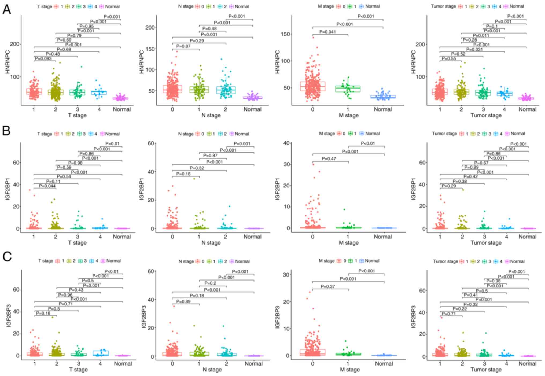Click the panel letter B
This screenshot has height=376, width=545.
pos(6,131)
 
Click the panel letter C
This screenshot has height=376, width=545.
pos(7,256)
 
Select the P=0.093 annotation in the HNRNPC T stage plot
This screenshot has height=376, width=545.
pos(43,58)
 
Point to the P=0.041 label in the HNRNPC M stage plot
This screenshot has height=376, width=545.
pos(327,32)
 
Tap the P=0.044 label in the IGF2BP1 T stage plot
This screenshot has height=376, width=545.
pos(47,186)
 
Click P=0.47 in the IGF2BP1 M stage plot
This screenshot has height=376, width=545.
pos(329,159)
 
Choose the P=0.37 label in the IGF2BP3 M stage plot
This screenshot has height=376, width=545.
pos(328,287)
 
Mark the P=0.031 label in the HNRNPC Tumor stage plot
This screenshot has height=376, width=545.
pos(474,49)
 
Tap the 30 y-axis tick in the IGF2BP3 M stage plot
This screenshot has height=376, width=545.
pos(286,275)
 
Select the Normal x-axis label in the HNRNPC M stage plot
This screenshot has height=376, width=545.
pos(383,109)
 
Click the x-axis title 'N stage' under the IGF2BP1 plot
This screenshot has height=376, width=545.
pos(211,243)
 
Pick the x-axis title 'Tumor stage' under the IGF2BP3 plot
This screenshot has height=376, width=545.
pos(486,370)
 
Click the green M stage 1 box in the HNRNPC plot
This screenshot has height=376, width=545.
pos(348,89)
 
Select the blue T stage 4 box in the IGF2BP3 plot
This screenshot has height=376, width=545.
pos(101,353)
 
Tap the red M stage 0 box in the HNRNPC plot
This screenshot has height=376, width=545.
pos(313,86)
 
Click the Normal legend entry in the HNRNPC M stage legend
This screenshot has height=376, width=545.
pos(372,6)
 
